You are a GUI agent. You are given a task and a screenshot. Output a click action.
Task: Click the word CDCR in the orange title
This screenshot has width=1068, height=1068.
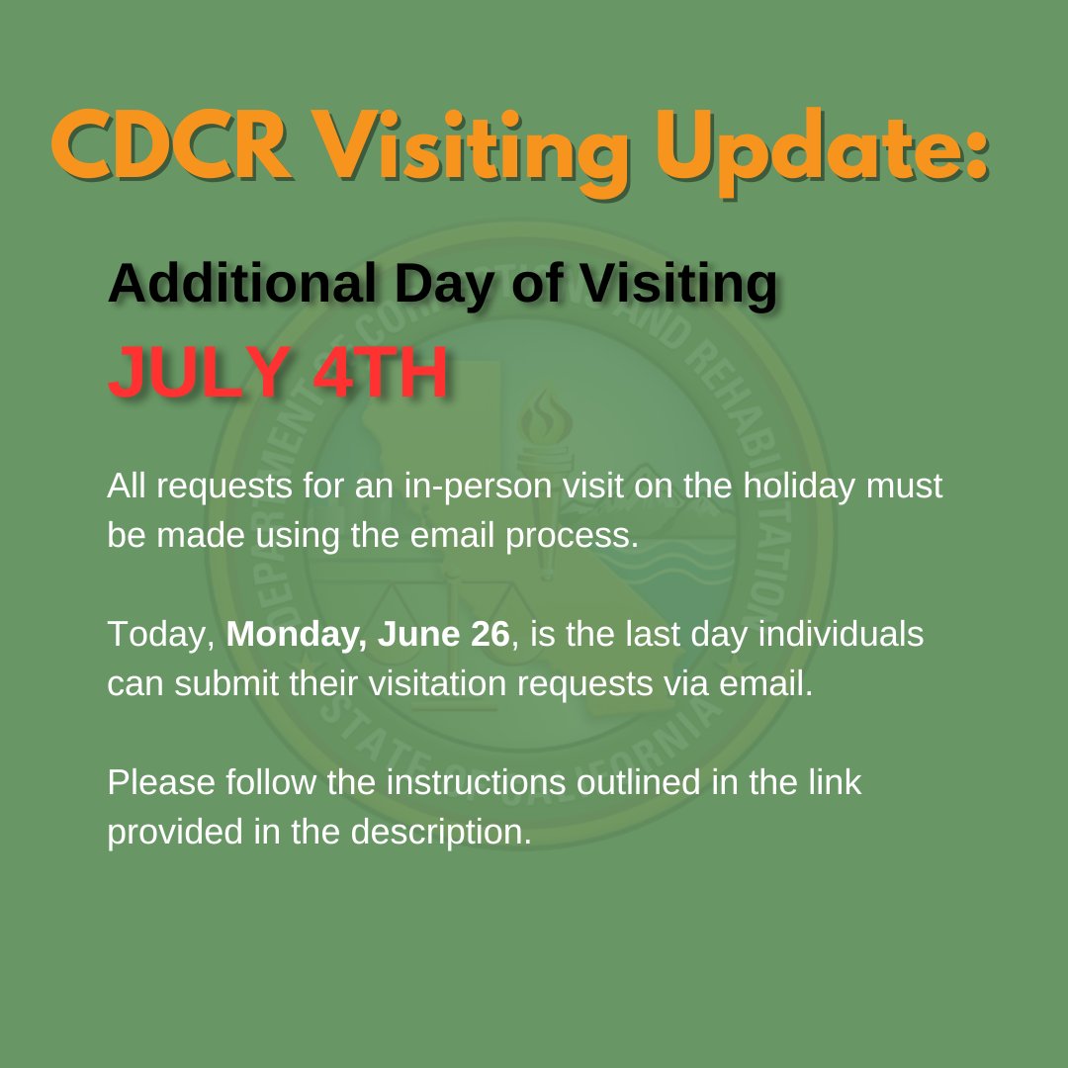point(171,148)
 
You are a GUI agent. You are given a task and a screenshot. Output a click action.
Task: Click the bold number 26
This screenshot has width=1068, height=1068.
point(489,635)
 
